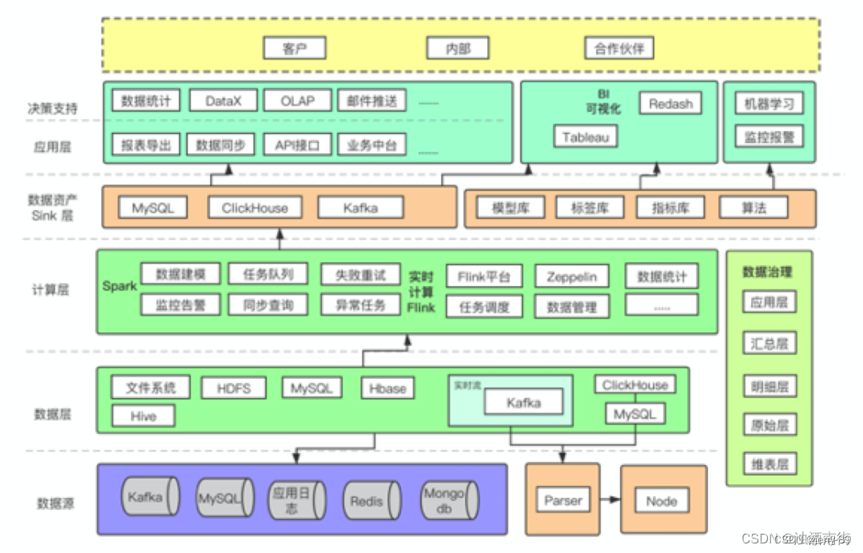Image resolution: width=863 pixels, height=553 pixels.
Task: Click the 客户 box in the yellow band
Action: click(x=294, y=49)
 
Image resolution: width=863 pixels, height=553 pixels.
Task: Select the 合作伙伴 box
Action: click(x=618, y=49)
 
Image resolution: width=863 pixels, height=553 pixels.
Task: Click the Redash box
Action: click(x=670, y=103)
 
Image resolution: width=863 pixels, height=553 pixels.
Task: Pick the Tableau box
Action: click(x=585, y=137)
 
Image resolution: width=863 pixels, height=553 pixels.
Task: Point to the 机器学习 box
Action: click(x=769, y=103)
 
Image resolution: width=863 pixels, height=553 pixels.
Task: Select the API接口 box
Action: click(x=296, y=145)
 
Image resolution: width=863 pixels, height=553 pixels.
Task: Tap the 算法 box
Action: click(x=753, y=208)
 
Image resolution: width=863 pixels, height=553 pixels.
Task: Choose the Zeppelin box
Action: click(x=571, y=276)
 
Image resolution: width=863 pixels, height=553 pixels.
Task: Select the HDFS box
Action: click(x=233, y=388)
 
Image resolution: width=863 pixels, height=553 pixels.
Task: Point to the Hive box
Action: click(x=143, y=416)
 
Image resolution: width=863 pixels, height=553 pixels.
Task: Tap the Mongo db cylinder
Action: click(x=448, y=501)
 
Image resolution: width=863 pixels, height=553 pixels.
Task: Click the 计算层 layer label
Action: click(x=50, y=289)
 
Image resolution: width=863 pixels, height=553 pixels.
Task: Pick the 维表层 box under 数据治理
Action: click(x=769, y=463)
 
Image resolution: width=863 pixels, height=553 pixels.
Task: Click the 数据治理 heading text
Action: click(x=767, y=272)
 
